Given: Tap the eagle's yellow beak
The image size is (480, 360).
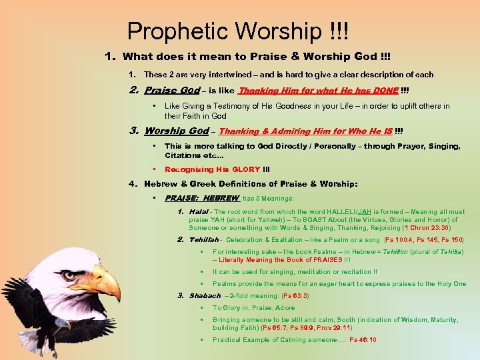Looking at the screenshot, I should point(107,283).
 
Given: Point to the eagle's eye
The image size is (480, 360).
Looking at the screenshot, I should point(69,275).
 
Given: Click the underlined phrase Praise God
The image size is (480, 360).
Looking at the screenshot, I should point(172,91).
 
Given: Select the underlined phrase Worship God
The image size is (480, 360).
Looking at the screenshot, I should point(176,131).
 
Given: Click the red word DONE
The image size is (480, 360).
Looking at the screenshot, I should point(385,91).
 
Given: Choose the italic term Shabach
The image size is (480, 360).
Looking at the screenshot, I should point(205,295).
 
